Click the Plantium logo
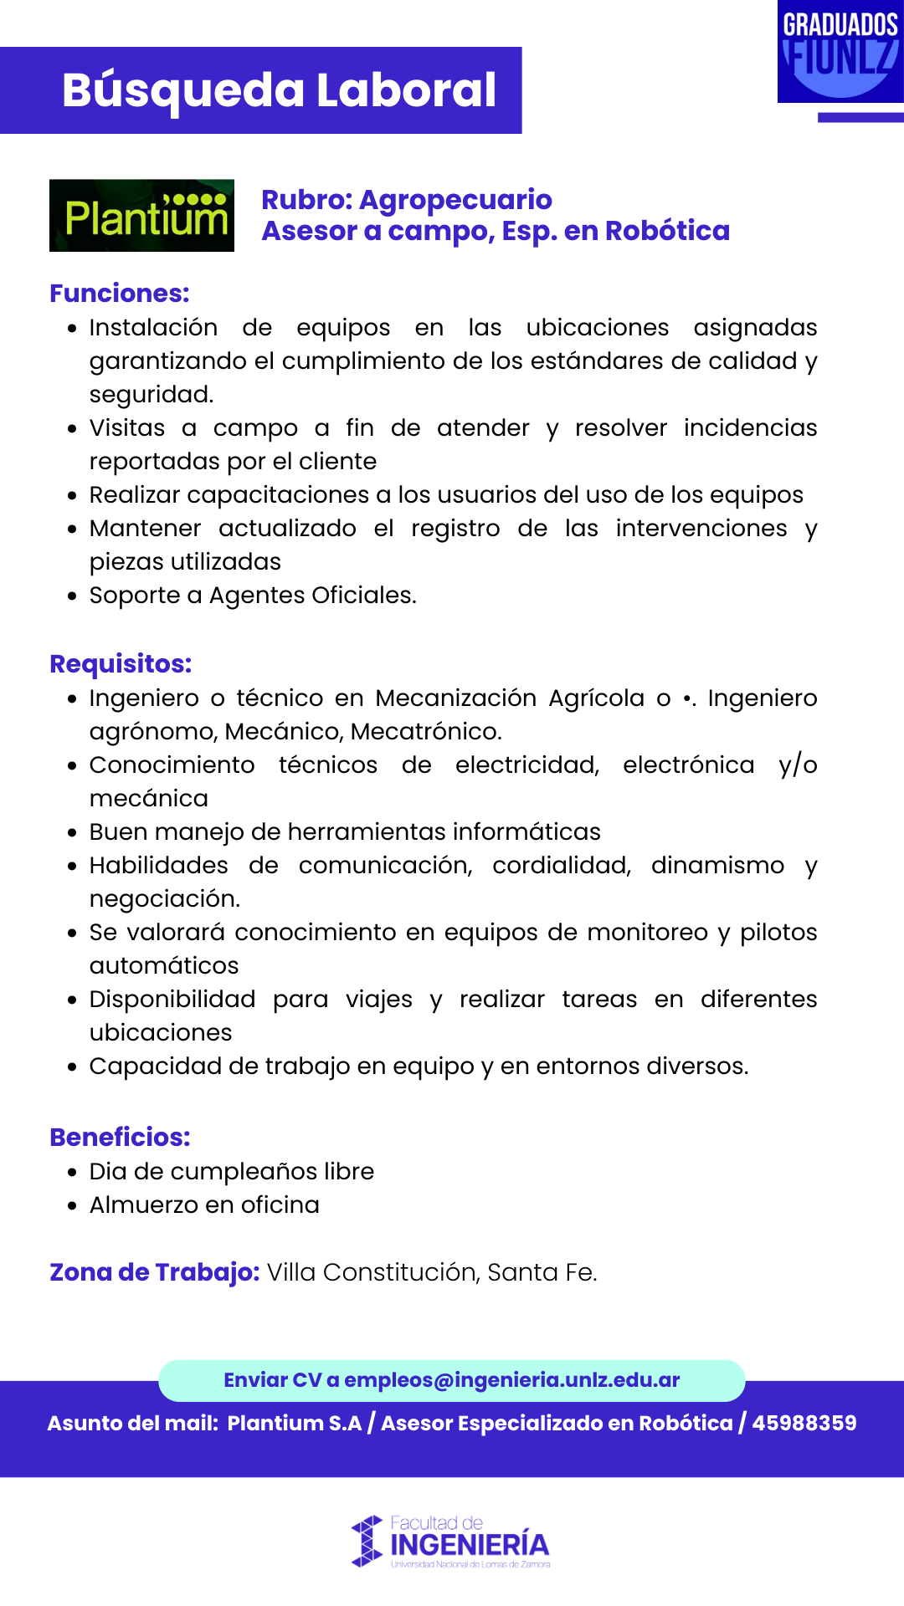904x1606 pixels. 141,216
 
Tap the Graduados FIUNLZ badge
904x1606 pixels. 840,52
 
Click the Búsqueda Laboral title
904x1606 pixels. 279,90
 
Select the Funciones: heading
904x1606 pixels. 120,294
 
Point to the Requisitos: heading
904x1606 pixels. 121,664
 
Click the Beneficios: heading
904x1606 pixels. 120,1138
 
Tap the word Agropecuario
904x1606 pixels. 455,200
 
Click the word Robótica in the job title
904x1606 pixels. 667,231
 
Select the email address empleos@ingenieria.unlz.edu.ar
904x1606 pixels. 511,1380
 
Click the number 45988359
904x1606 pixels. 804,1424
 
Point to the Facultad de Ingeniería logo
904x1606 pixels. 451,1541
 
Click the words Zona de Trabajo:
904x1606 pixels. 155,1272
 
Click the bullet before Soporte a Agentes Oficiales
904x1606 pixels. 73,596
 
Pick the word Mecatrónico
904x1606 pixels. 425,732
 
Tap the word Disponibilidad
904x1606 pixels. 172,1000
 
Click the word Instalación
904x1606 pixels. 153,328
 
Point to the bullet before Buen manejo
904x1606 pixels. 73,833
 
